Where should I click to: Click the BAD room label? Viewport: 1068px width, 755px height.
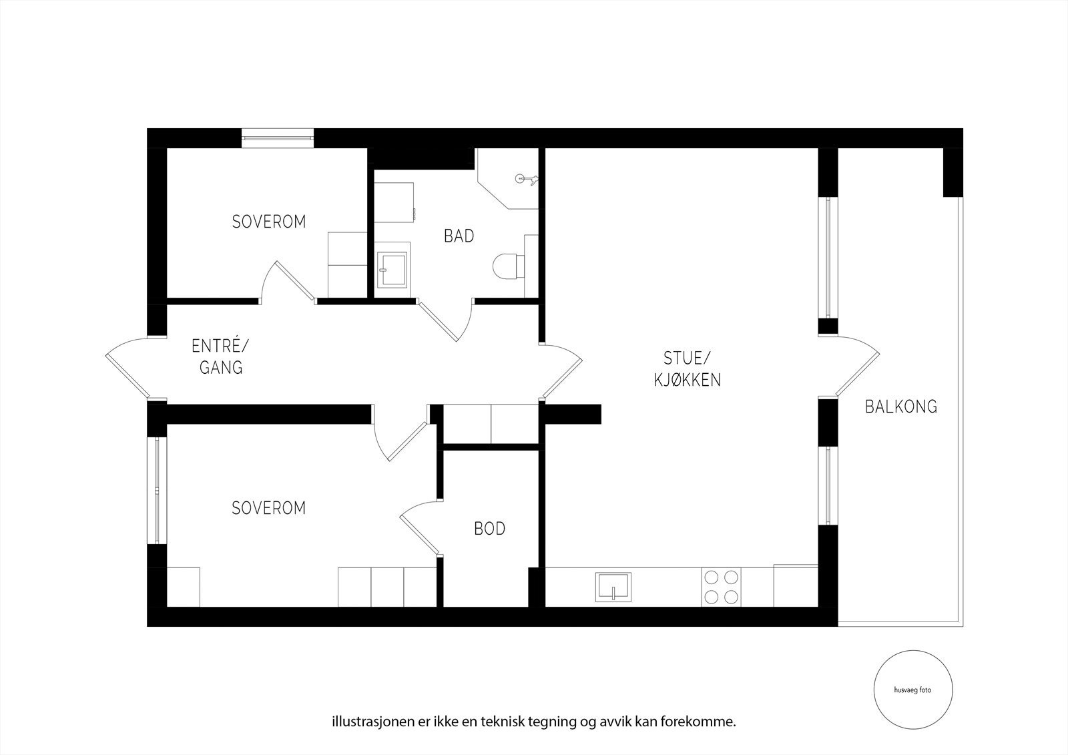pyautogui.click(x=459, y=236)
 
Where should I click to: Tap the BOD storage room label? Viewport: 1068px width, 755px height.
pyautogui.click(x=490, y=529)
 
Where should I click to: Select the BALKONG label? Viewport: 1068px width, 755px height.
pyautogui.click(x=901, y=407)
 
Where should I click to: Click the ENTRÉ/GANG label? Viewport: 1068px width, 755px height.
pyautogui.click(x=220, y=356)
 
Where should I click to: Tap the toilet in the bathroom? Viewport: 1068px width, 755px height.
pyautogui.click(x=508, y=266)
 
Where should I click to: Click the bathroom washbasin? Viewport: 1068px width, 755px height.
pyautogui.click(x=391, y=270)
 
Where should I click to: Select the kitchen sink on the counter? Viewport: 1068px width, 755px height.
pyautogui.click(x=613, y=587)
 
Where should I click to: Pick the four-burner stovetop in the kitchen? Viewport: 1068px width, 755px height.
pyautogui.click(x=721, y=587)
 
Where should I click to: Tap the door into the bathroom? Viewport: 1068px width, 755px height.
pyautogui.click(x=445, y=320)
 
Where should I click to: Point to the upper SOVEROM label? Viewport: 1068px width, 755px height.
pyautogui.click(x=269, y=222)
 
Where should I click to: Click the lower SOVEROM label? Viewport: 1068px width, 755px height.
pyautogui.click(x=269, y=509)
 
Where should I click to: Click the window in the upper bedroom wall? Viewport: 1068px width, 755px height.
pyautogui.click(x=278, y=138)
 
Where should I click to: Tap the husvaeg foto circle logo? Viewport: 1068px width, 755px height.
pyautogui.click(x=913, y=690)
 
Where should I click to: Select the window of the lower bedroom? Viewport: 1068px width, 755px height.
pyautogui.click(x=157, y=490)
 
